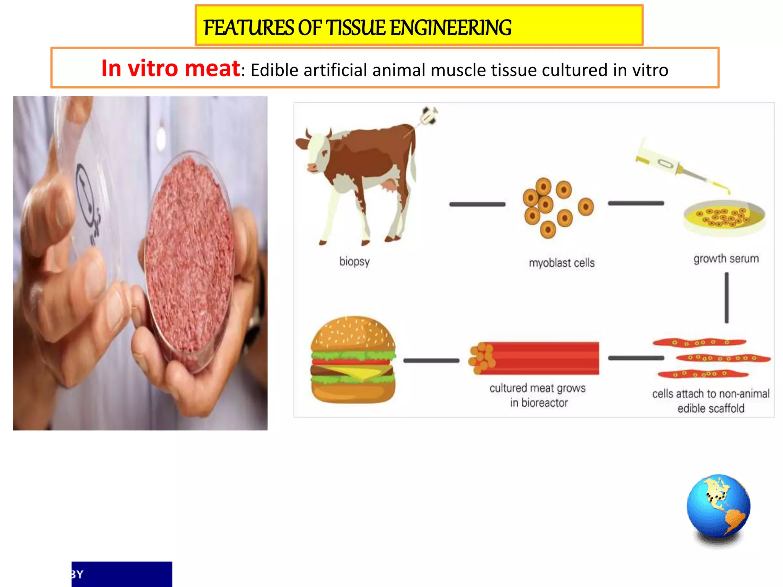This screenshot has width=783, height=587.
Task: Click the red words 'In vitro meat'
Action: coord(171,69)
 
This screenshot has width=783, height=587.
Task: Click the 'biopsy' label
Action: coord(354,262)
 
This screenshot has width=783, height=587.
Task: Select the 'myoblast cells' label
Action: coord(561,263)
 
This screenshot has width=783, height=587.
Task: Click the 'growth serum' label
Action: coord(726,259)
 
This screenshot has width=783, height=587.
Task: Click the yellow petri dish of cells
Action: coord(724,217)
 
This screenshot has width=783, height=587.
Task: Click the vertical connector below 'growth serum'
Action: coord(726,298)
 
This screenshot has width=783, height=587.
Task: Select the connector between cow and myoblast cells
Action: coord(477,204)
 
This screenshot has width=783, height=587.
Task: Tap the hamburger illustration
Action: coord(353,360)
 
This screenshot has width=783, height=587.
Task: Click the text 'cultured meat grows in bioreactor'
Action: coord(538,395)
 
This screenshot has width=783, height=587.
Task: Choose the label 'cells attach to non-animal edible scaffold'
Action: coord(711,401)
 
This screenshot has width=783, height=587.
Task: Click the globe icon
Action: coord(718,507)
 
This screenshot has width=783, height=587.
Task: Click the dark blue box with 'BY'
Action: coord(122,574)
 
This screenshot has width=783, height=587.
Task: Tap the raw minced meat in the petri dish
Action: coord(189,260)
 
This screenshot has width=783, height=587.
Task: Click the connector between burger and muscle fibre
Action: coord(431,360)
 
